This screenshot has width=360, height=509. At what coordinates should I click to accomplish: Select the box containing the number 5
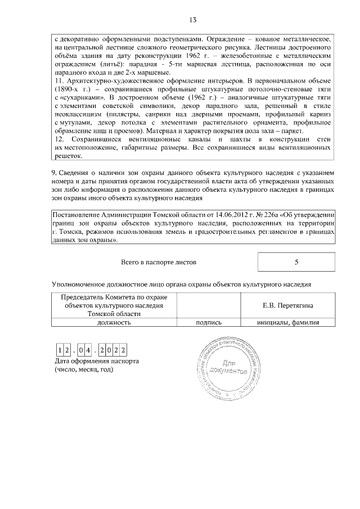point(296,262)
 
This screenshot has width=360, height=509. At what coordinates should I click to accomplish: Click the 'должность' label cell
point(114,323)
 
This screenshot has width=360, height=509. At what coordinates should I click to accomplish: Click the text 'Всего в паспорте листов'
point(159,262)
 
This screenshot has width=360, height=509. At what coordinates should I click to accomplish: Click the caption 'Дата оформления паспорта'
point(96,361)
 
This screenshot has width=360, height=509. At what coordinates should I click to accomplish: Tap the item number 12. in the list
point(60,139)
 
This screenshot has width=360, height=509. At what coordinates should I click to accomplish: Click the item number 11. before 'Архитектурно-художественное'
point(60,82)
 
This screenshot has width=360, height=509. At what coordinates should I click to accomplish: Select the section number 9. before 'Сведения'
point(55,173)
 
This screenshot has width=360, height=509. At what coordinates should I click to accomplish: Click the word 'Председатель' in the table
point(84,297)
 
